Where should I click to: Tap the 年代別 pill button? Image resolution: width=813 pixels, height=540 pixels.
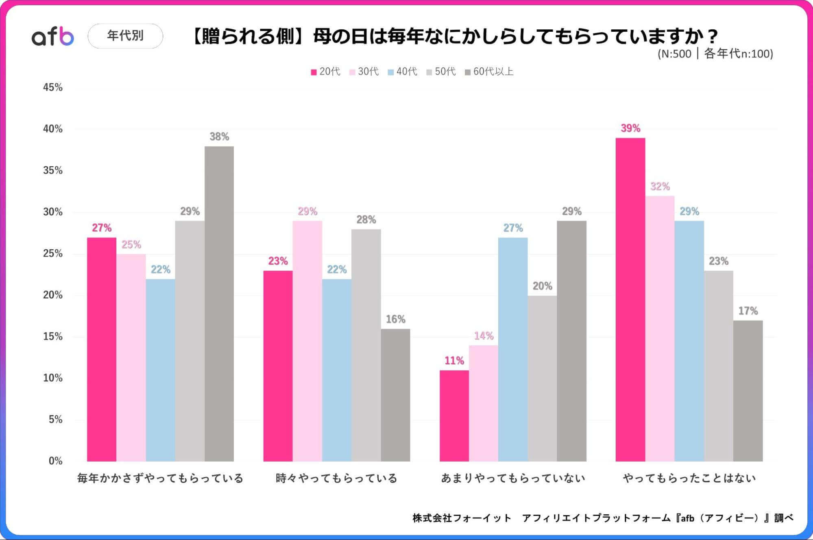125,36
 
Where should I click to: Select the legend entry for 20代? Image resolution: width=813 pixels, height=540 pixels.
325,72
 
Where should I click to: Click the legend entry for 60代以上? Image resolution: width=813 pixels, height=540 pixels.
489,72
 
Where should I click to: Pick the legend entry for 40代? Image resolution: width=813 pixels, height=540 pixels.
403,72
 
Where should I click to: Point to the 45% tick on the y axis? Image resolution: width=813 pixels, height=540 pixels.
53,87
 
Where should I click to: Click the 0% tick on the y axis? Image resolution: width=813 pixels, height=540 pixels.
55,461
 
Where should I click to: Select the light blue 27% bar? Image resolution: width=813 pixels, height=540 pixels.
513,349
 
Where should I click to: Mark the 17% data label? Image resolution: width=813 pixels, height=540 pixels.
748,311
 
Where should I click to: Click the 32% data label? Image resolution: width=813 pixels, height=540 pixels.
660,187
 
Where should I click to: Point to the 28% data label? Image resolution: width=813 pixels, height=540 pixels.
366,220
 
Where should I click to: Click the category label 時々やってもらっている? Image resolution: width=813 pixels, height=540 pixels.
336,478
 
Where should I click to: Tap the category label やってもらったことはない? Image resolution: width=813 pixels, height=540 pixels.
689,478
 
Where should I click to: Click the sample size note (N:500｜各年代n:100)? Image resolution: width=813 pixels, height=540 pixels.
715,54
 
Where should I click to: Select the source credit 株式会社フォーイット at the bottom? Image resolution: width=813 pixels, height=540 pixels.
462,518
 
